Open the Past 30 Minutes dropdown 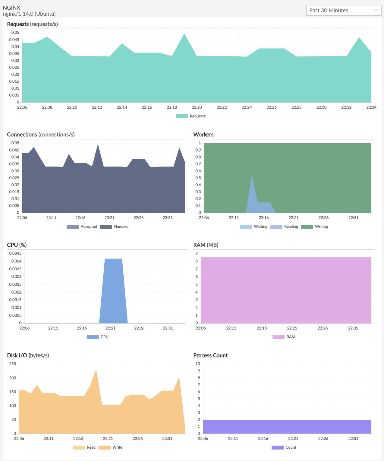click(x=343, y=10)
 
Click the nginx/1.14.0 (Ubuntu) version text click(x=29, y=14)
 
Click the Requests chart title click(x=32, y=24)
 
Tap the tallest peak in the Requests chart click(x=184, y=34)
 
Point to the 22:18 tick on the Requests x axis click(x=172, y=107)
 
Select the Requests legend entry click(x=191, y=116)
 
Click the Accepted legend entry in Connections click(x=82, y=227)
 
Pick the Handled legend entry click(x=115, y=227)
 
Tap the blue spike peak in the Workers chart click(x=252, y=175)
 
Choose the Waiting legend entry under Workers click(x=254, y=227)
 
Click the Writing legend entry click(x=315, y=227)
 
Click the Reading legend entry click(x=284, y=227)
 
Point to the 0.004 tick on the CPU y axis click(x=16, y=261)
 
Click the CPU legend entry click(x=98, y=337)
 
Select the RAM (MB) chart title click(x=206, y=245)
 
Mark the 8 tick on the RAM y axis click(x=197, y=261)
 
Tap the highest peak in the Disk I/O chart click(x=96, y=370)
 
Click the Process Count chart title click(x=210, y=355)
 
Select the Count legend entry click(x=284, y=447)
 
